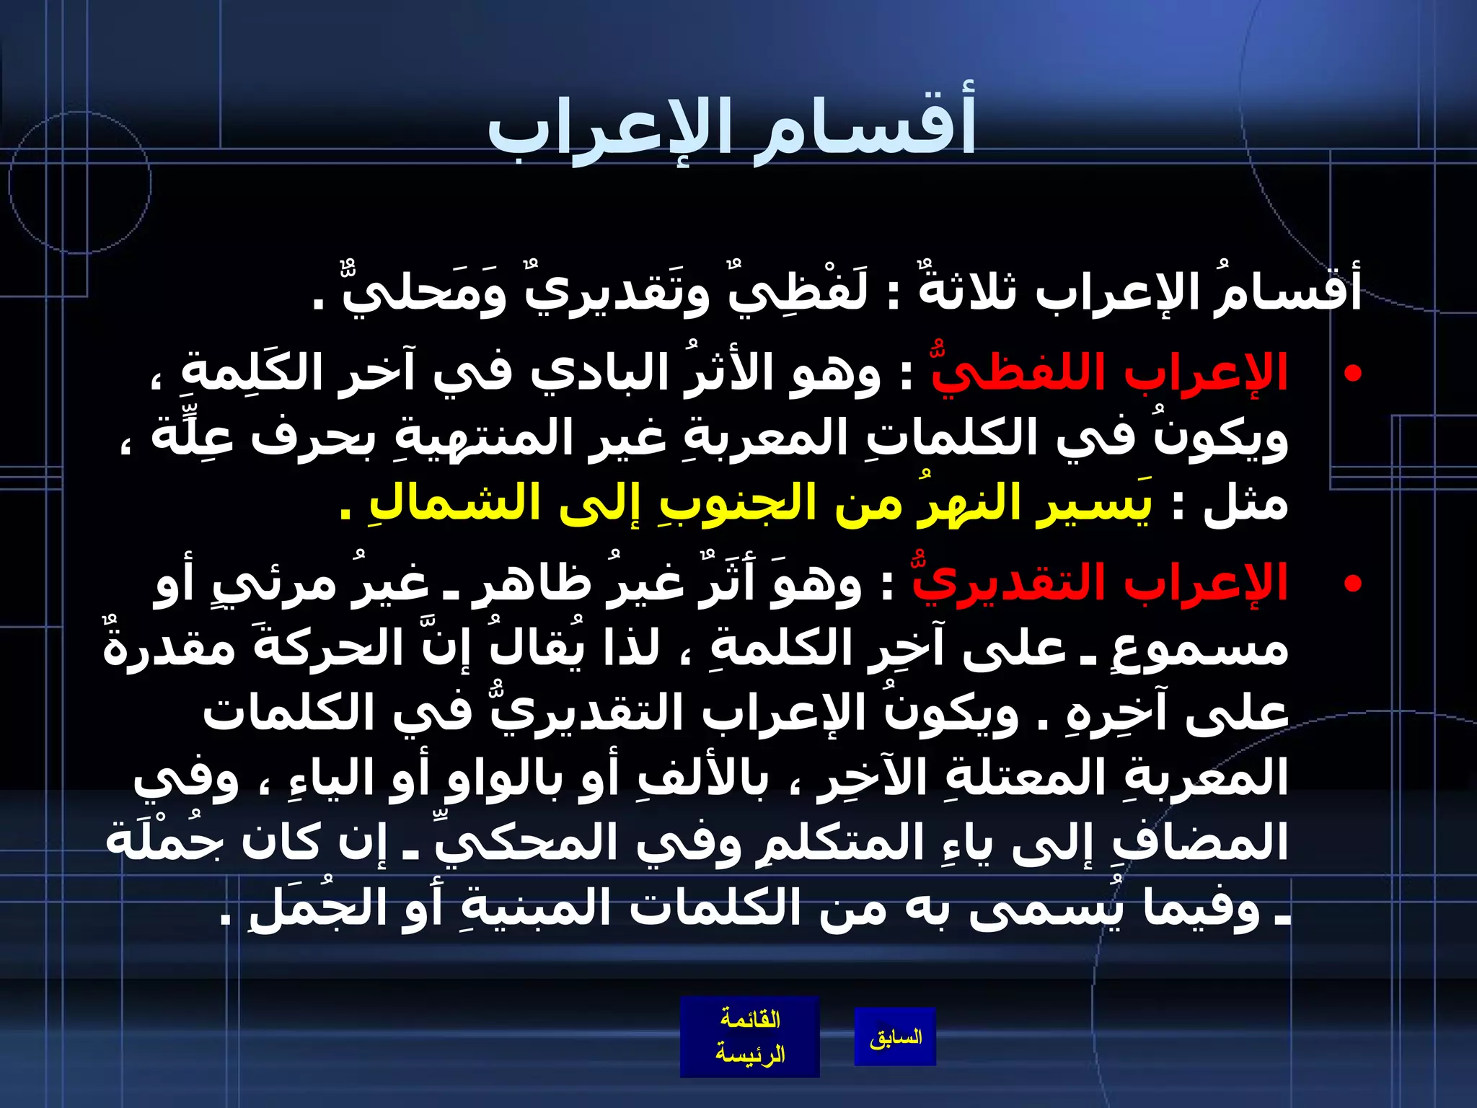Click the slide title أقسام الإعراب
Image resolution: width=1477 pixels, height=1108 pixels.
(x=731, y=130)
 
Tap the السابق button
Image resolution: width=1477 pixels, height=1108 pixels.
(x=895, y=1038)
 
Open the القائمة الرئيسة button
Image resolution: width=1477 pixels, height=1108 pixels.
(x=749, y=1037)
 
